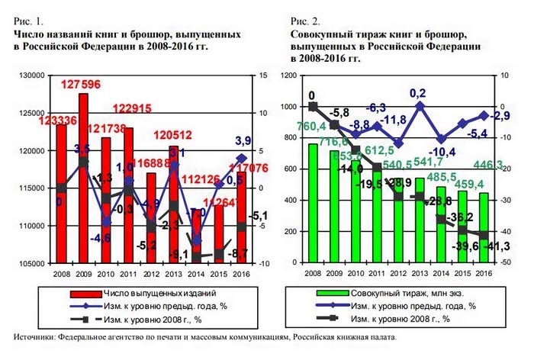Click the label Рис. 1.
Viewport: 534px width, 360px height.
27,24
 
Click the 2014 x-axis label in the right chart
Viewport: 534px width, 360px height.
441,272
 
